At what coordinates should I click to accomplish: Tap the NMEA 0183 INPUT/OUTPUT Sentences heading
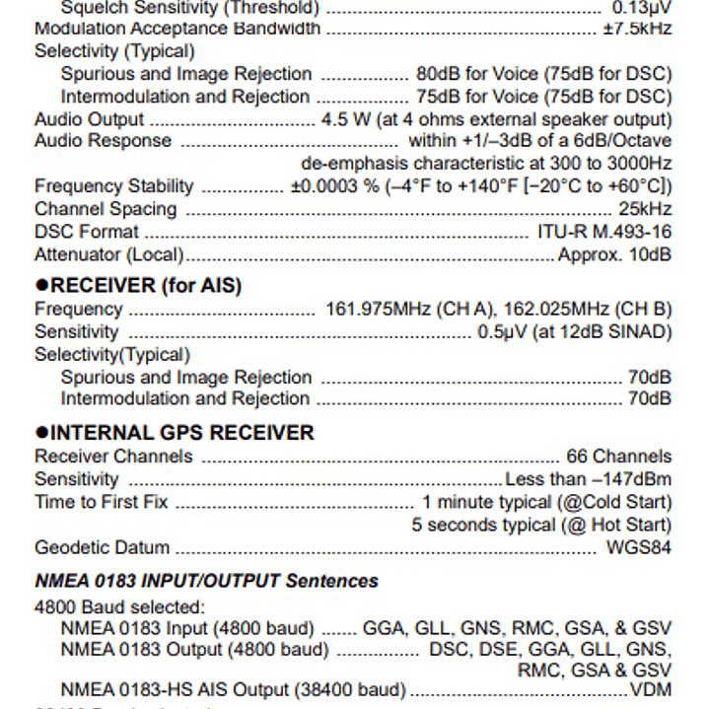point(206,581)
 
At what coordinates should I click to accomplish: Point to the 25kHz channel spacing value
point(645,209)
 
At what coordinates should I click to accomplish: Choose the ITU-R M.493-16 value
point(603,232)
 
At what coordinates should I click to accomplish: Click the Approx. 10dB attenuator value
point(614,254)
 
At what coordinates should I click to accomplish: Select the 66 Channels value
point(618,457)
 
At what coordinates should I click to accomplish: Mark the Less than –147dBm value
point(588,479)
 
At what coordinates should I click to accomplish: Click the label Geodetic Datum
point(102,547)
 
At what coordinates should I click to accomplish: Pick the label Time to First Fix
point(101,502)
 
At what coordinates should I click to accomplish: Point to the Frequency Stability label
point(113,186)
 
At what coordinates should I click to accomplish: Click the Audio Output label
point(89,119)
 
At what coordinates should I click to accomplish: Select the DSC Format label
point(87,232)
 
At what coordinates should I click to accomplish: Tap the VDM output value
point(651,689)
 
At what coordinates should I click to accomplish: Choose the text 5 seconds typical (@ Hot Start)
point(541,525)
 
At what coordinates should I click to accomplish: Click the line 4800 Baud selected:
point(119,607)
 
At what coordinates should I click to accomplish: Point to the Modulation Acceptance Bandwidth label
point(177,29)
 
